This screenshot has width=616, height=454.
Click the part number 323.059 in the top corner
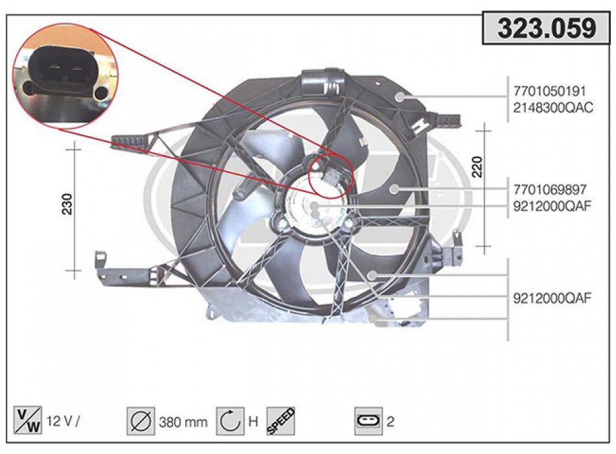(547, 28)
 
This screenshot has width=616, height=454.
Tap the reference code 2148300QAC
(553, 107)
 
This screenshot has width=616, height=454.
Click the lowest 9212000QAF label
(552, 298)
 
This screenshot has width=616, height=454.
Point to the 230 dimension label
(67, 204)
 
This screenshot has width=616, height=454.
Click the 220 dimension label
(477, 167)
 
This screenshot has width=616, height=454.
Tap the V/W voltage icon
(27, 421)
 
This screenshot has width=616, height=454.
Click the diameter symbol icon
(141, 422)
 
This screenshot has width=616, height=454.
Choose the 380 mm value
(183, 422)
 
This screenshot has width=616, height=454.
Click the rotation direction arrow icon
(230, 422)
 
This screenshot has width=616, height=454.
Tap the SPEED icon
(281, 422)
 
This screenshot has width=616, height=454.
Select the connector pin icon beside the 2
(368, 422)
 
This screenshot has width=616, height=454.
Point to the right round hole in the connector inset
(102, 93)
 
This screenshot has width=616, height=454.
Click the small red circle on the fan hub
(331, 176)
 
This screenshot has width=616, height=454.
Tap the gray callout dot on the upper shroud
(400, 97)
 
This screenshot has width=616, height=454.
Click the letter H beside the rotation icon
(254, 422)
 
